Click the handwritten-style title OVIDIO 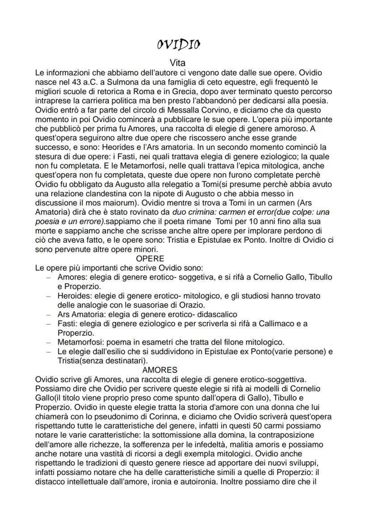[x=178, y=45]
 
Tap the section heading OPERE [x=150, y=259]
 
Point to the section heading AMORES [x=160, y=370]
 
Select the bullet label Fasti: [x=67, y=324]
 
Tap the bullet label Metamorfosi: [x=78, y=342]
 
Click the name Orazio [x=193, y=305]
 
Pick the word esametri [x=145, y=342]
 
